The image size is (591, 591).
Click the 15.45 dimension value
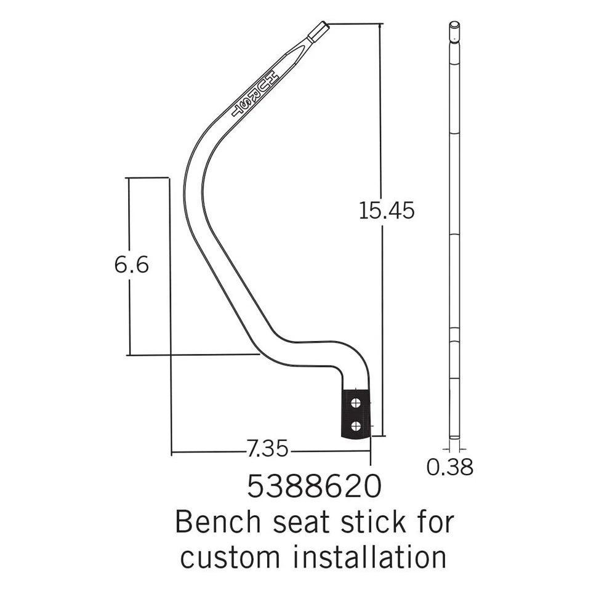coord(387,211)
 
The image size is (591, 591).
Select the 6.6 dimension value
coord(131,265)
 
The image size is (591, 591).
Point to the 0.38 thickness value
coord(450,467)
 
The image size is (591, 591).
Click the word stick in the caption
coord(360,523)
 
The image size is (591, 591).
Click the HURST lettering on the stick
coord(255,93)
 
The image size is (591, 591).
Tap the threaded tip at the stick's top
coord(318,31)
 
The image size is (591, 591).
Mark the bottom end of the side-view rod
coord(454,437)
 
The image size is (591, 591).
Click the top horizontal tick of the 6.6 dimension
coord(148,178)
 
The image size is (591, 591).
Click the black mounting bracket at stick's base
coord(356,414)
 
